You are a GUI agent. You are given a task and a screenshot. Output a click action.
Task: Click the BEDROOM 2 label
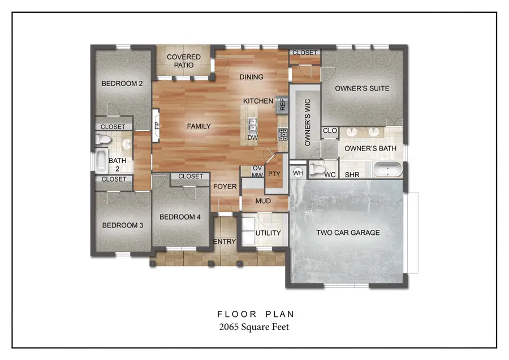pyautogui.click(x=122, y=84)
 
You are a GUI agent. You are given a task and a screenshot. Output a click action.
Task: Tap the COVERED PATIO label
pyautogui.click(x=184, y=61)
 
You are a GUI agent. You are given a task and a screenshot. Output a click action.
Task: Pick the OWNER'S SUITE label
pyautogui.click(x=362, y=88)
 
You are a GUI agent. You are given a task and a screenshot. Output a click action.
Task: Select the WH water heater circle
pyautogui.click(x=298, y=173)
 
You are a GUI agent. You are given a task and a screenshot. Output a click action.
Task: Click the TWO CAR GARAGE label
pyautogui.click(x=348, y=233)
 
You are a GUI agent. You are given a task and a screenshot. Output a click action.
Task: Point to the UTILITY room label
pyautogui.click(x=268, y=233)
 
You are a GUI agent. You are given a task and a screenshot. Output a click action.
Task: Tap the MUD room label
pyautogui.click(x=263, y=201)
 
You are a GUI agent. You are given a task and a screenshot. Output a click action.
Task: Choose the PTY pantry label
pyautogui.click(x=274, y=174)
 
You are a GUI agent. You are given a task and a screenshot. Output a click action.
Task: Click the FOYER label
pyautogui.click(x=225, y=186)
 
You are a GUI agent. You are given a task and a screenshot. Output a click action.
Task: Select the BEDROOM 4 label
pyautogui.click(x=180, y=217)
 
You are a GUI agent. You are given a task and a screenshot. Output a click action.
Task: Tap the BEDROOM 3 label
pyautogui.click(x=122, y=225)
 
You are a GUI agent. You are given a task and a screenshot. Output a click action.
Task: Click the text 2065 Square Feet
pyautogui.click(x=254, y=327)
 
